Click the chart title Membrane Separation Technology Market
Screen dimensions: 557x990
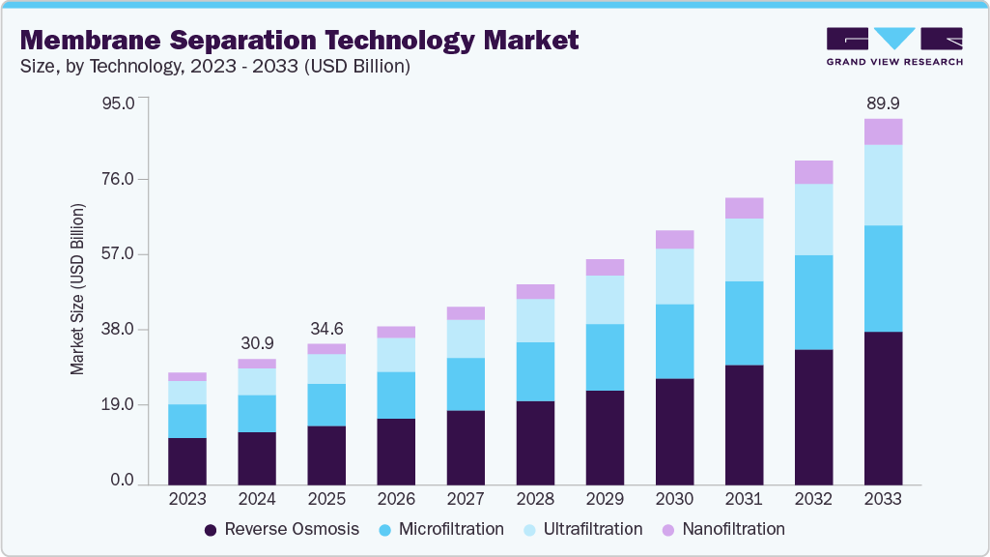(x=299, y=41)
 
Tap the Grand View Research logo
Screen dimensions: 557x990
(x=894, y=45)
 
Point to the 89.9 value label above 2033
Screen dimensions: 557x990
(x=883, y=103)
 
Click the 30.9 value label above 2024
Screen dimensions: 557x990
(x=257, y=343)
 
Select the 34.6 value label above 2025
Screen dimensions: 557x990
(x=326, y=328)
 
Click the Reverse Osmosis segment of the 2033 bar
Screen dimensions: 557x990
(x=883, y=407)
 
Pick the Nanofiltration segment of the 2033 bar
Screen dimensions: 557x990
(x=883, y=132)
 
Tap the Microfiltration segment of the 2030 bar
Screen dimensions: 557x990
(x=674, y=341)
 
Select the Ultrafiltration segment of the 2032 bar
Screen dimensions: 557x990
(x=813, y=220)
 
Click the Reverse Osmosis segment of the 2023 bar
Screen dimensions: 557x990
(x=187, y=460)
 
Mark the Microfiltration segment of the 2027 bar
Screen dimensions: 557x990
(x=466, y=384)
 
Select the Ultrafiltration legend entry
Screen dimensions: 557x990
(x=580, y=529)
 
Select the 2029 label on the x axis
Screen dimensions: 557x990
(x=605, y=500)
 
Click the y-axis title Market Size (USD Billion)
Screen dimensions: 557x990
(x=77, y=290)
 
